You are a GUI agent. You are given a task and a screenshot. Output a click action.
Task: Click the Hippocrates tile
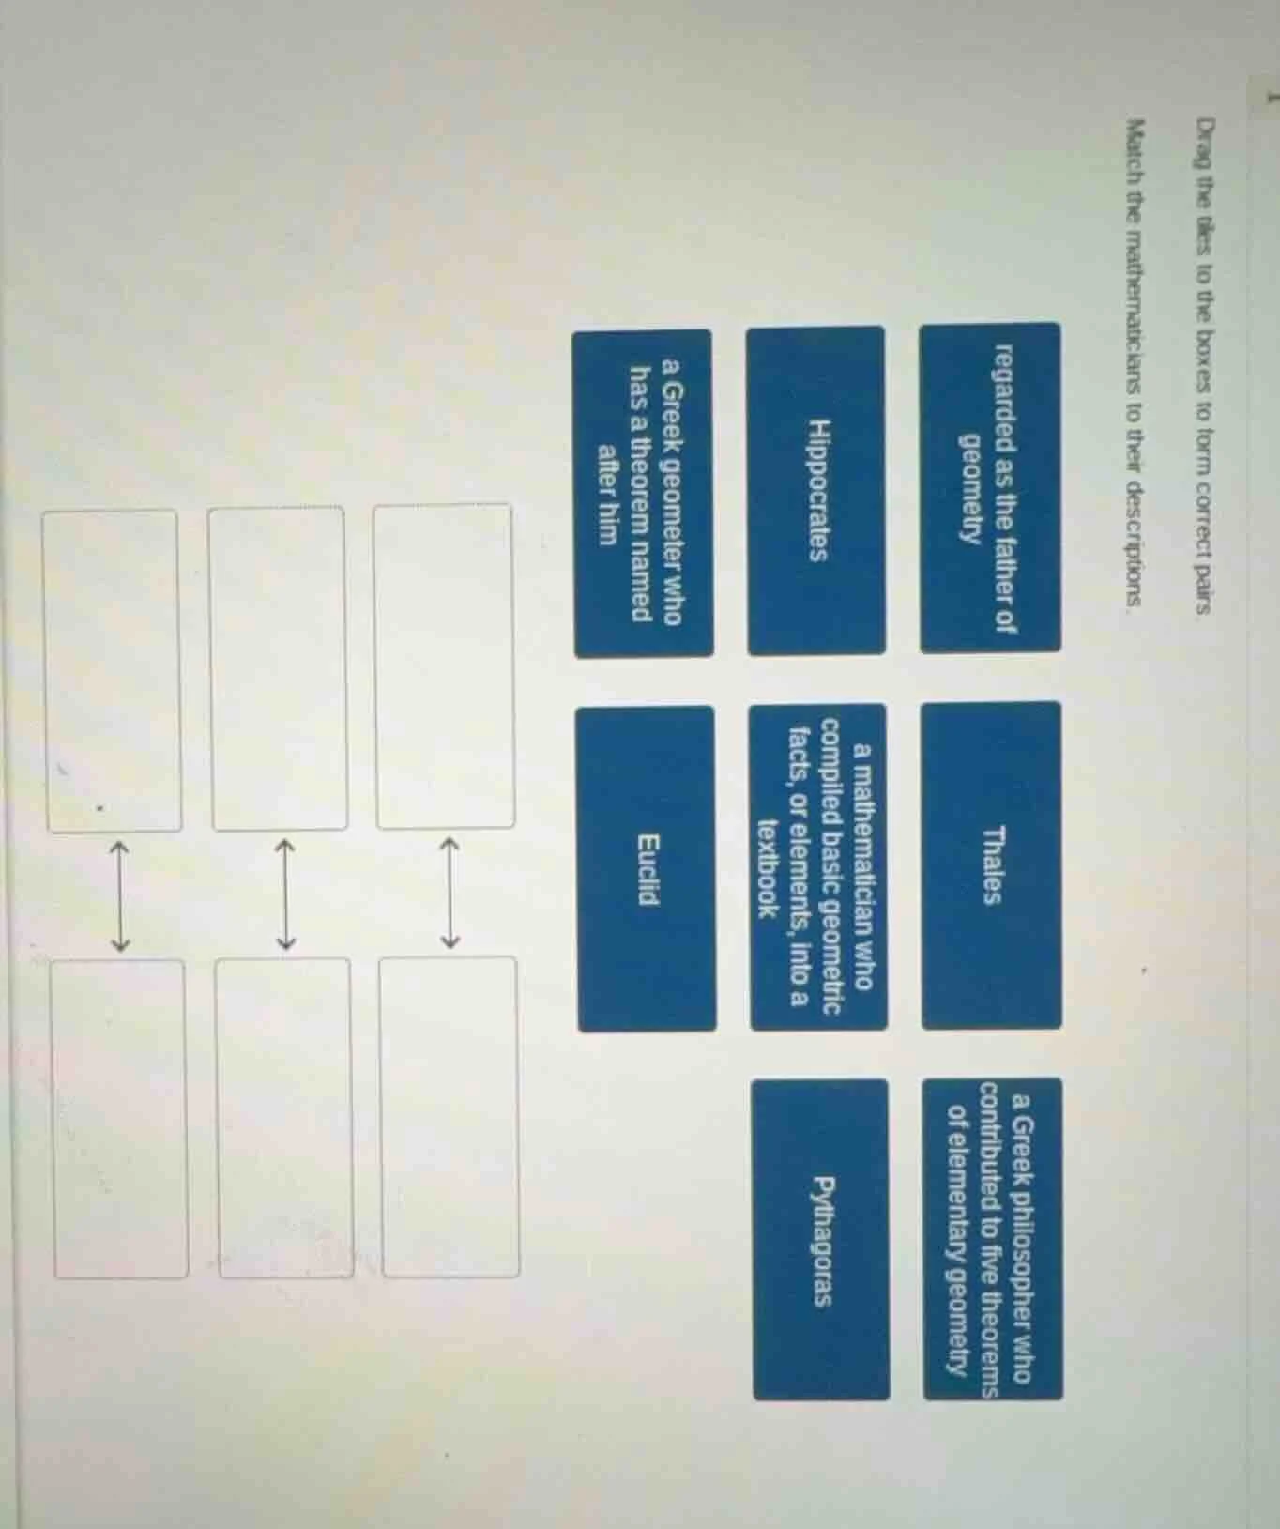(816, 490)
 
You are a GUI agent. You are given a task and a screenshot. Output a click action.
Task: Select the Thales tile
(991, 864)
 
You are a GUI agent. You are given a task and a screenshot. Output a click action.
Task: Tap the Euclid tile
(647, 868)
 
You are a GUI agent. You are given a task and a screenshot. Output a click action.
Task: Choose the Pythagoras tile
(821, 1240)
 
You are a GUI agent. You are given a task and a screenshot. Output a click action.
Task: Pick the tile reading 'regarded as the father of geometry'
(990, 488)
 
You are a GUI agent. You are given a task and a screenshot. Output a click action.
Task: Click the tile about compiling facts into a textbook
(819, 865)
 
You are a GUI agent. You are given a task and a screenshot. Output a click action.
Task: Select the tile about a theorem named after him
(644, 494)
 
